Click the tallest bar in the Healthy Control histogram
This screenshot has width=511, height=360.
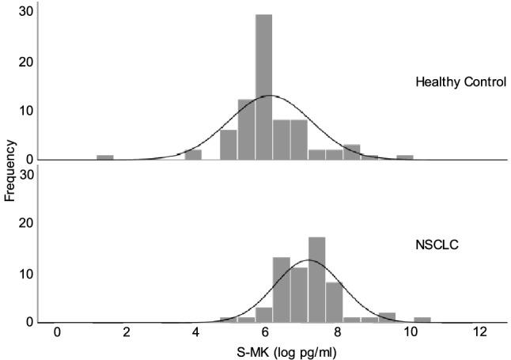pos(263,87)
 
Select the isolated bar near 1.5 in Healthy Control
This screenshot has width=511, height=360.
pos(105,157)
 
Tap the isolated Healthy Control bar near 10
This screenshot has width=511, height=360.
pos(405,157)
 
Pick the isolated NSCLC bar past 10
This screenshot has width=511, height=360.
pos(422,320)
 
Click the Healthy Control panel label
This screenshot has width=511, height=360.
pos(460,83)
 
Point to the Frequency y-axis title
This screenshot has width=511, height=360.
pos(10,169)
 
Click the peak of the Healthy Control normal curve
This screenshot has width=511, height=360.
pos(270,96)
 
